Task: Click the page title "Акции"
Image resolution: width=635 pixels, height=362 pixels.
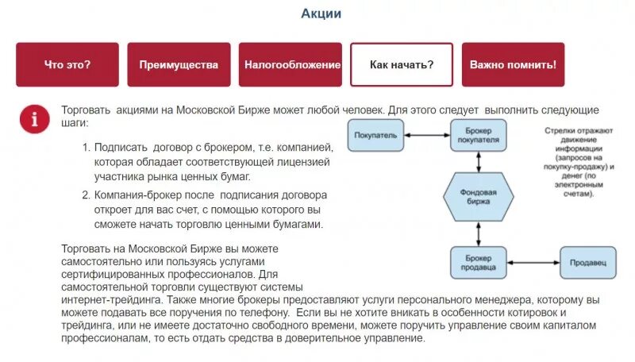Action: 321,13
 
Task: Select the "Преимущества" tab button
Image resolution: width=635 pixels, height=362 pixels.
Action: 179,64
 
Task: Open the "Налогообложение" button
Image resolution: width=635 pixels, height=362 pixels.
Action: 292,64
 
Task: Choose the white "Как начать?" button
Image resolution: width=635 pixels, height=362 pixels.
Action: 401,64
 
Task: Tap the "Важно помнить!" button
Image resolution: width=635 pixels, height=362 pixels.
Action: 513,64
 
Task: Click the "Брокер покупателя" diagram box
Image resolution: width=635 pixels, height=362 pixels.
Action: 478,135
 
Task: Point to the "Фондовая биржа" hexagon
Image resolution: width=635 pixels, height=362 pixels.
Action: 479,197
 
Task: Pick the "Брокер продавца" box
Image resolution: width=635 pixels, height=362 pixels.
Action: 478,262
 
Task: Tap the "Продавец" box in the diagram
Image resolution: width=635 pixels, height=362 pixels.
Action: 588,262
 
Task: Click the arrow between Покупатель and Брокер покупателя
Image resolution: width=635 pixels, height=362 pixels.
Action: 427,133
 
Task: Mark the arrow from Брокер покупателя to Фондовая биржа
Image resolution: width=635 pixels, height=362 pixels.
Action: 478,160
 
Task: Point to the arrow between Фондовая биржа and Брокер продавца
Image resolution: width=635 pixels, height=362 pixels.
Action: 478,233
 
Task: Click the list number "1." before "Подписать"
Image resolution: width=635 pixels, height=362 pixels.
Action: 87,148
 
